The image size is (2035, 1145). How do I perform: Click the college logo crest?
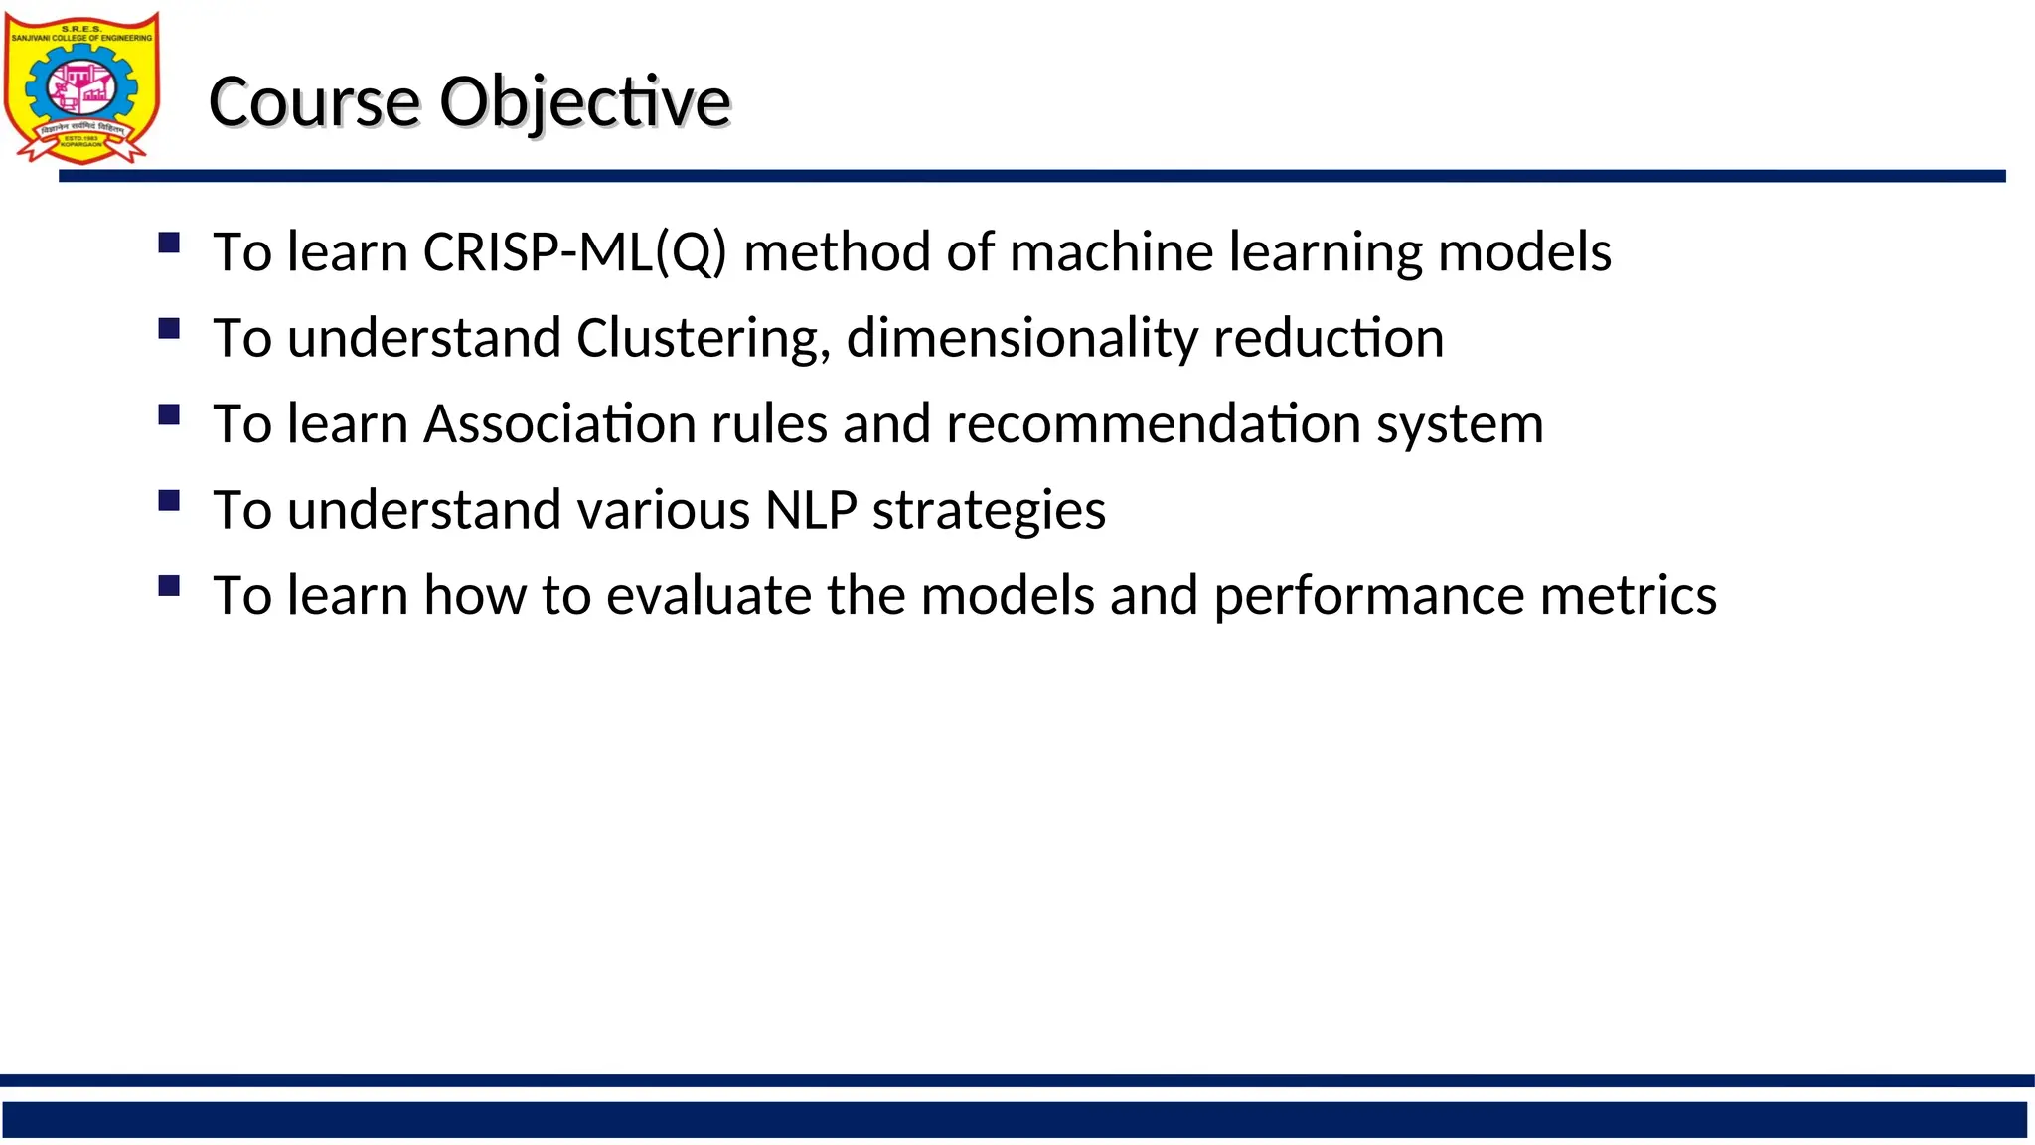81,88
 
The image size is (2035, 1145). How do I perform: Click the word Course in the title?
315,102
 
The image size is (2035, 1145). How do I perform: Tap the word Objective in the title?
584,102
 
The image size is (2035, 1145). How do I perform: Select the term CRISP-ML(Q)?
574,252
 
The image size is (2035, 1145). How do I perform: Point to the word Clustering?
703,339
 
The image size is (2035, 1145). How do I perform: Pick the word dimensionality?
1021,339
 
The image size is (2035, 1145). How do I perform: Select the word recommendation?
1153,424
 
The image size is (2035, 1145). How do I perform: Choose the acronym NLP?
811,511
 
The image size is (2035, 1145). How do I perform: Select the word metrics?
1628,596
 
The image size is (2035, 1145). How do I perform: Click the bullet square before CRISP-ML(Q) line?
169,243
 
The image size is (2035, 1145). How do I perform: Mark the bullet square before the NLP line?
169,500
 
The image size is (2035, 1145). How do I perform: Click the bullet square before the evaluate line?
169,585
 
